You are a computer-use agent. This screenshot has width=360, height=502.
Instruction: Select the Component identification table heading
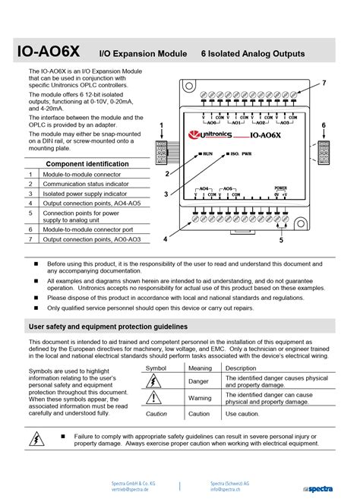point(87,163)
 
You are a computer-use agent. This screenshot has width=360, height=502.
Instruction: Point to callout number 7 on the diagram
point(324,82)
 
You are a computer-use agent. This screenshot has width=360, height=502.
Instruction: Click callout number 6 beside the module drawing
point(324,125)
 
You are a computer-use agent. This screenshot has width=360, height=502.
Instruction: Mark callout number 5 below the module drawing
point(281,241)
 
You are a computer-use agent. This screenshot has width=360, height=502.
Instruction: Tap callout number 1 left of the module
point(162,125)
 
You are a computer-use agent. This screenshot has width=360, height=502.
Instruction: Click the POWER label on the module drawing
point(280,187)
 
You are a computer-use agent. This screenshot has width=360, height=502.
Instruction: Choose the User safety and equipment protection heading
point(108,327)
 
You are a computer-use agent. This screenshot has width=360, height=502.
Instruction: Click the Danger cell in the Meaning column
point(198,381)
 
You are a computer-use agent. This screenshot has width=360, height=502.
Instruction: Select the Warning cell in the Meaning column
point(200,398)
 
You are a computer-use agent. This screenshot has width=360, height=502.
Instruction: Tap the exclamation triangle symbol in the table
point(155,398)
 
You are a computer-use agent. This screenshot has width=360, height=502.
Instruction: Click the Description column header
point(241,368)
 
